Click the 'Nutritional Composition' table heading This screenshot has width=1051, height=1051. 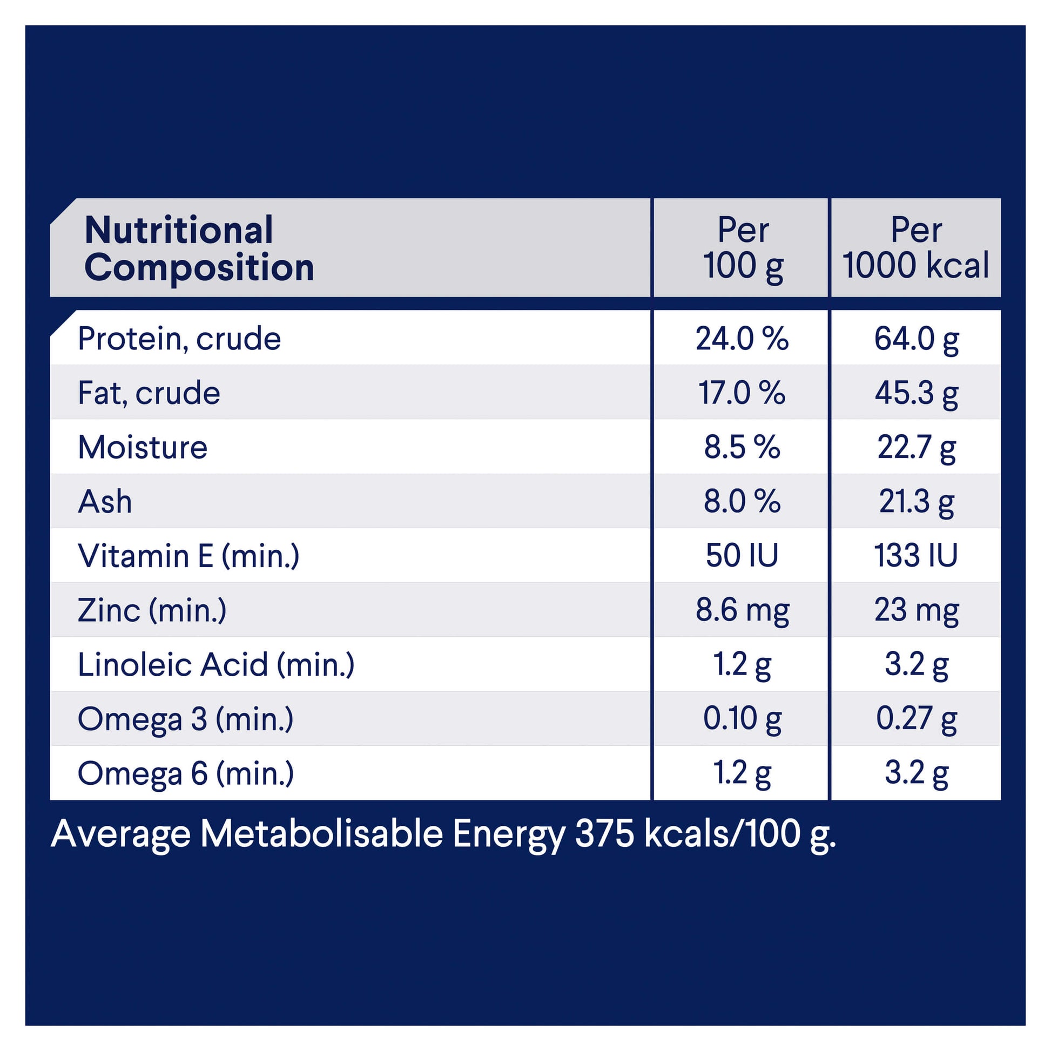pyautogui.click(x=199, y=248)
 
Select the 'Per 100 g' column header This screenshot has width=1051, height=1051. pyautogui.click(x=743, y=248)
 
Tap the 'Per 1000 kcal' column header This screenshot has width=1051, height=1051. pyautogui.click(x=915, y=248)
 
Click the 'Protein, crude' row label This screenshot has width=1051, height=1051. pyautogui.click(x=179, y=339)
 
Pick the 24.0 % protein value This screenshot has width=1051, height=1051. pyautogui.click(x=742, y=339)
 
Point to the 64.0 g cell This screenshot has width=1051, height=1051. pyautogui.click(x=916, y=339)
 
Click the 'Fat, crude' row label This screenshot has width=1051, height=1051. pyautogui.click(x=149, y=393)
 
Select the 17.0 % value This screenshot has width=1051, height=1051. pyautogui.click(x=742, y=393)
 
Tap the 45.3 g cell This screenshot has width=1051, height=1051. pyautogui.click(x=916, y=393)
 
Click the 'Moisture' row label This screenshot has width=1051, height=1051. pyautogui.click(x=143, y=447)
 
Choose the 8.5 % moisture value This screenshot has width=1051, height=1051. pyautogui.click(x=742, y=447)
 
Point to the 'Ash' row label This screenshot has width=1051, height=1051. pyautogui.click(x=105, y=501)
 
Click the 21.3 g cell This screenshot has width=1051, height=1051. pyautogui.click(x=916, y=501)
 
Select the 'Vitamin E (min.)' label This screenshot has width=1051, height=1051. pyautogui.click(x=188, y=555)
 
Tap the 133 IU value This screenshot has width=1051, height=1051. pyautogui.click(x=915, y=555)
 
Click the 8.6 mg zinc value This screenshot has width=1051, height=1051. pyautogui.click(x=742, y=610)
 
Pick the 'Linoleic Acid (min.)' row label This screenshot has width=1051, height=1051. pyautogui.click(x=216, y=664)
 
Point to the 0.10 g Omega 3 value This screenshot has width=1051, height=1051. pyautogui.click(x=742, y=719)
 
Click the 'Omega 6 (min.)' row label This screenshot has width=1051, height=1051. pyautogui.click(x=185, y=773)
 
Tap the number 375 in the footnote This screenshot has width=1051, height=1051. pyautogui.click(x=604, y=834)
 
